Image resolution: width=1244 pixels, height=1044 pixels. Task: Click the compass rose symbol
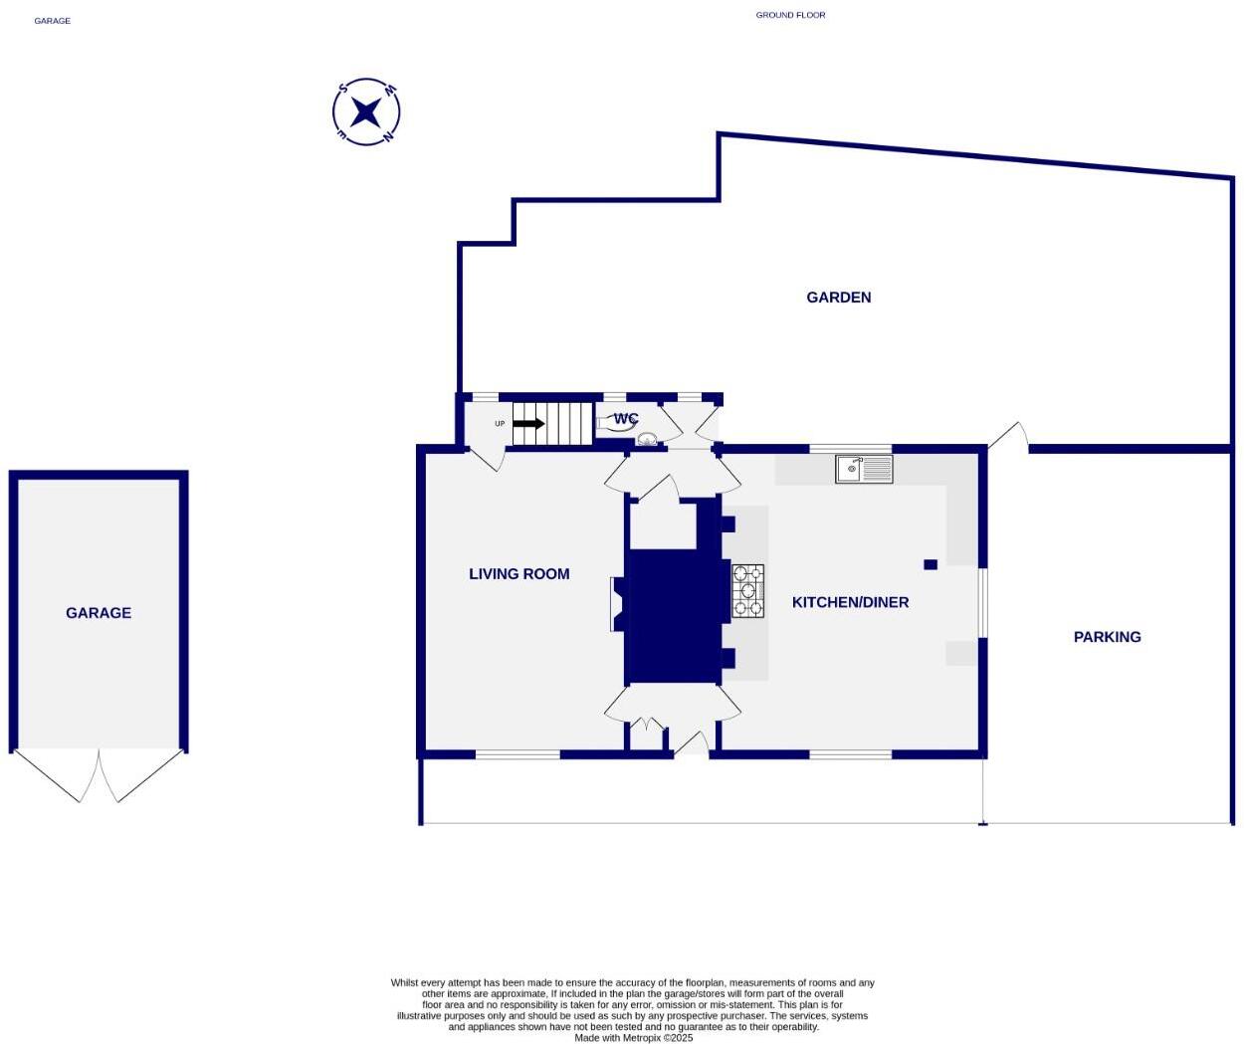366,111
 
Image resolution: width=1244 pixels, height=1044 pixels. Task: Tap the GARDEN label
838,297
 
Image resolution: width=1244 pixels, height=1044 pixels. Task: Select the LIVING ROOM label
518,573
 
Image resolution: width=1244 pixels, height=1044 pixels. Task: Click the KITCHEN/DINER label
850,602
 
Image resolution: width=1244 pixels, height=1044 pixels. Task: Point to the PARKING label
1107,637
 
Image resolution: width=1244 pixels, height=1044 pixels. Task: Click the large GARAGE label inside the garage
99,613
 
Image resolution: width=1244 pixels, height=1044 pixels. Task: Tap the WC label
625,419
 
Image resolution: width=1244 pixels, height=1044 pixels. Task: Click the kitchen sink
864,468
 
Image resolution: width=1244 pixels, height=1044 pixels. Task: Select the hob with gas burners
747,590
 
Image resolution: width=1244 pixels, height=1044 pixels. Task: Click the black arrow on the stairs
528,424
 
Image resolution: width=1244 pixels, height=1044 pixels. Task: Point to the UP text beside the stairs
500,424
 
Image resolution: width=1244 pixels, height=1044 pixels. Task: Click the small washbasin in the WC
647,439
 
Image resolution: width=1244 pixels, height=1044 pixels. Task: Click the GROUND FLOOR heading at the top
790,15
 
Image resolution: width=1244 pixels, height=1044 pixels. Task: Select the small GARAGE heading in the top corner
52,21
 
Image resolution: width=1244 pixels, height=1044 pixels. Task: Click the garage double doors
99,776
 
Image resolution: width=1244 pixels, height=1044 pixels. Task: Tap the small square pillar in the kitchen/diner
931,564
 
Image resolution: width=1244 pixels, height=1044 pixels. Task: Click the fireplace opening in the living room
617,604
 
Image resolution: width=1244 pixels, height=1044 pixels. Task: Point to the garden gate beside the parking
1007,436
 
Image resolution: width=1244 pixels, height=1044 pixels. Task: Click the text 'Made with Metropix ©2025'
633,1038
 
